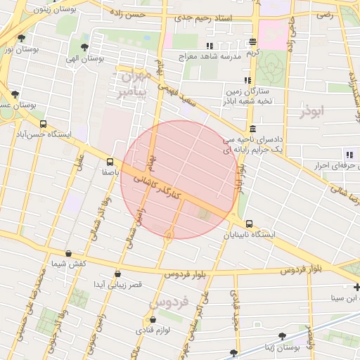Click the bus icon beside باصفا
point(110,161)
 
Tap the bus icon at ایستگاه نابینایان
point(250,224)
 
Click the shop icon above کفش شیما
point(68,253)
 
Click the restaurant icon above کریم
point(252,43)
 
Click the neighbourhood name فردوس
point(169,302)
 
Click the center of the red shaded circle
point(179,179)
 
